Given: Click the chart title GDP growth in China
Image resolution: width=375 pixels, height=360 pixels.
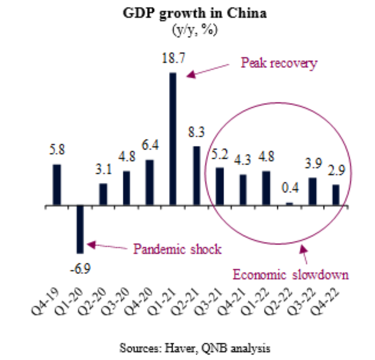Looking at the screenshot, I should tap(195, 14).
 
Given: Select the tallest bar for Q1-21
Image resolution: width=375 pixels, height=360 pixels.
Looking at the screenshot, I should tap(172, 139).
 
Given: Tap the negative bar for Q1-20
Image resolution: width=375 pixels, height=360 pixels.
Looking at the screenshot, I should tap(80, 229).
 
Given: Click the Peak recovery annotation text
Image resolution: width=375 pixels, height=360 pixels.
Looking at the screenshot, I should tap(279, 63).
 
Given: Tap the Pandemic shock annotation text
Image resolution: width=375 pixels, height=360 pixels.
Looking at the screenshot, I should tap(177, 249).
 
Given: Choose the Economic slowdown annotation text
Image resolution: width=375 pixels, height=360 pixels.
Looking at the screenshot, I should tap(291, 274).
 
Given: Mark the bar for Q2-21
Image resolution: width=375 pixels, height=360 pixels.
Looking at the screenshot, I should tap(196, 176).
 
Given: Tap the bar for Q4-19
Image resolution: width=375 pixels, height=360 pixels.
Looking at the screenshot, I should tap(57, 185).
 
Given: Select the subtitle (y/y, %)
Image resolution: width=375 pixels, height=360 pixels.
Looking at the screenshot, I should tap(195, 30).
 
